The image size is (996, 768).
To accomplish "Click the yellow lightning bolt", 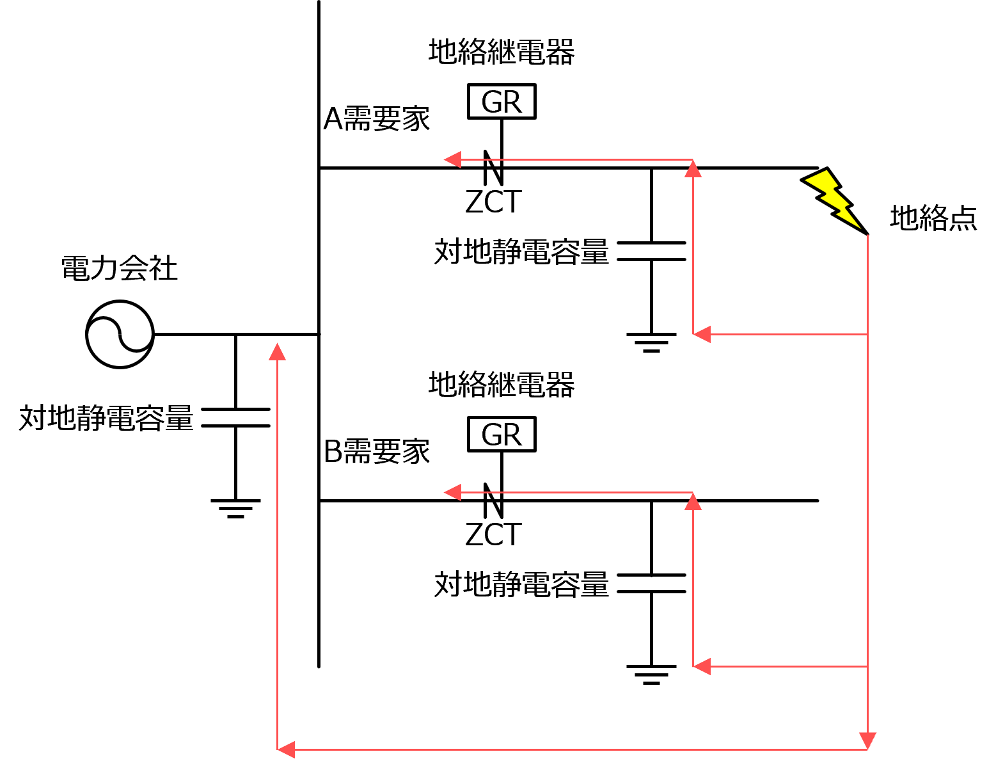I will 832,198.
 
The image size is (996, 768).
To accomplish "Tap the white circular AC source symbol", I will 120,334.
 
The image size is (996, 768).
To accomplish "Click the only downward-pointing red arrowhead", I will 867,741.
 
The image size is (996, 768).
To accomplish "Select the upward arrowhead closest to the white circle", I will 277,351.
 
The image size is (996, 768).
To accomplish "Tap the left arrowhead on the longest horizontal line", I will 286,749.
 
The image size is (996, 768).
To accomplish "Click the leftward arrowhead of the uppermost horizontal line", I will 452,159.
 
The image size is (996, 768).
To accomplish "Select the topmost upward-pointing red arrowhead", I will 693,168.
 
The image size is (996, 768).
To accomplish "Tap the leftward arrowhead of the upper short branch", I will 702,334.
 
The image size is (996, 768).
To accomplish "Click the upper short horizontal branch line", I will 787,334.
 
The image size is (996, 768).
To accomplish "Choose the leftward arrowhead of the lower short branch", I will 702,666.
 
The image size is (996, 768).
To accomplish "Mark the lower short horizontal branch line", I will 787,666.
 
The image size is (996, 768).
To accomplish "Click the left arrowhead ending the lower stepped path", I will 452,492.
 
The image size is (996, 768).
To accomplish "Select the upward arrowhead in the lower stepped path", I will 693,501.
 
